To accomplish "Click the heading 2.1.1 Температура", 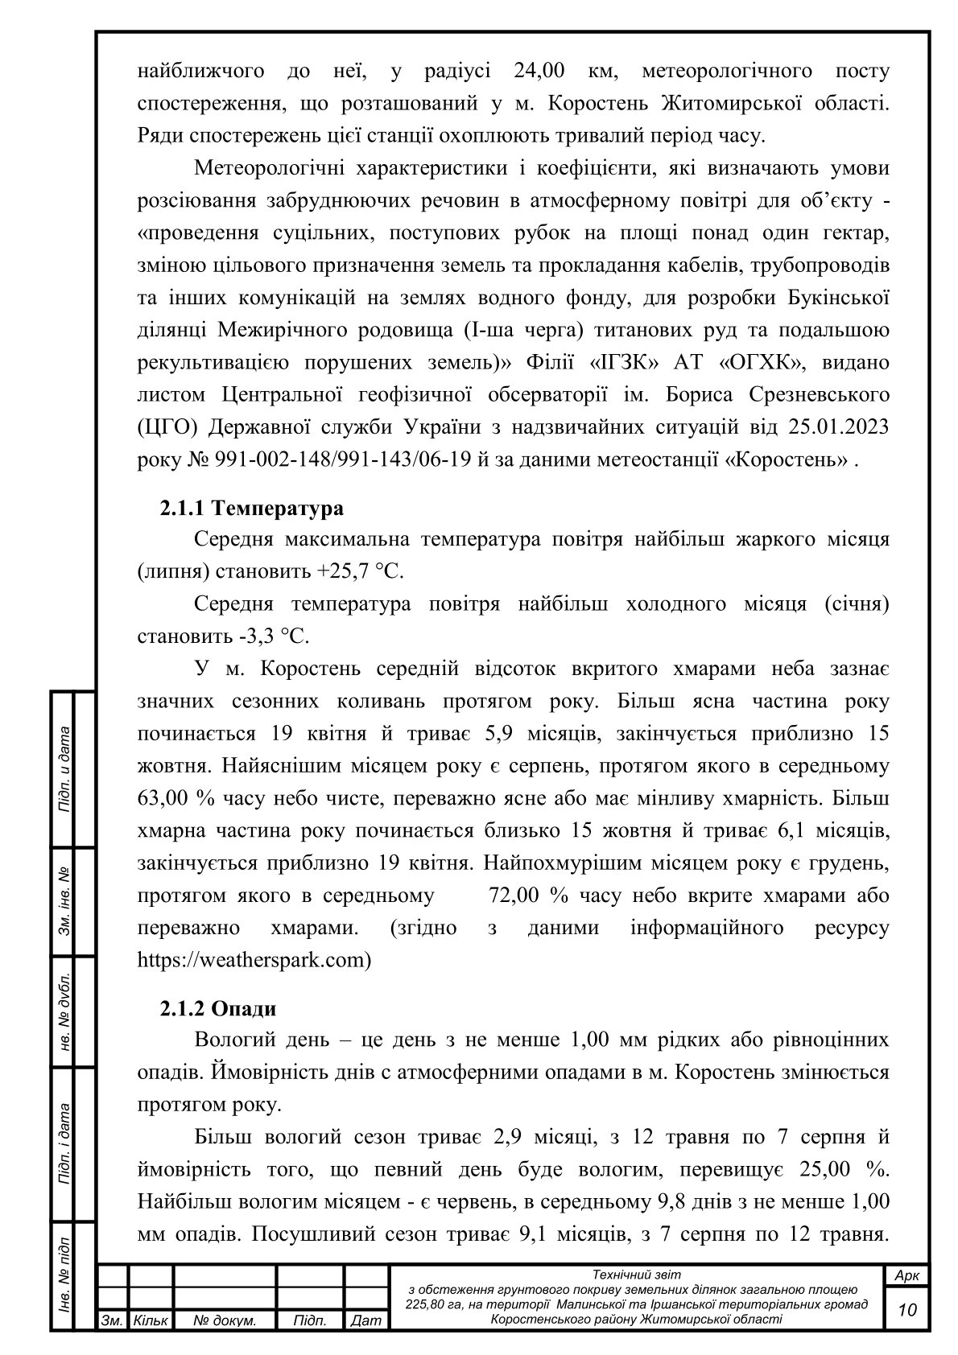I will coord(251,509).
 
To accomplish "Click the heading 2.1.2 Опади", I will coord(217,1009).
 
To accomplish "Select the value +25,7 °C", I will coord(360,572).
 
